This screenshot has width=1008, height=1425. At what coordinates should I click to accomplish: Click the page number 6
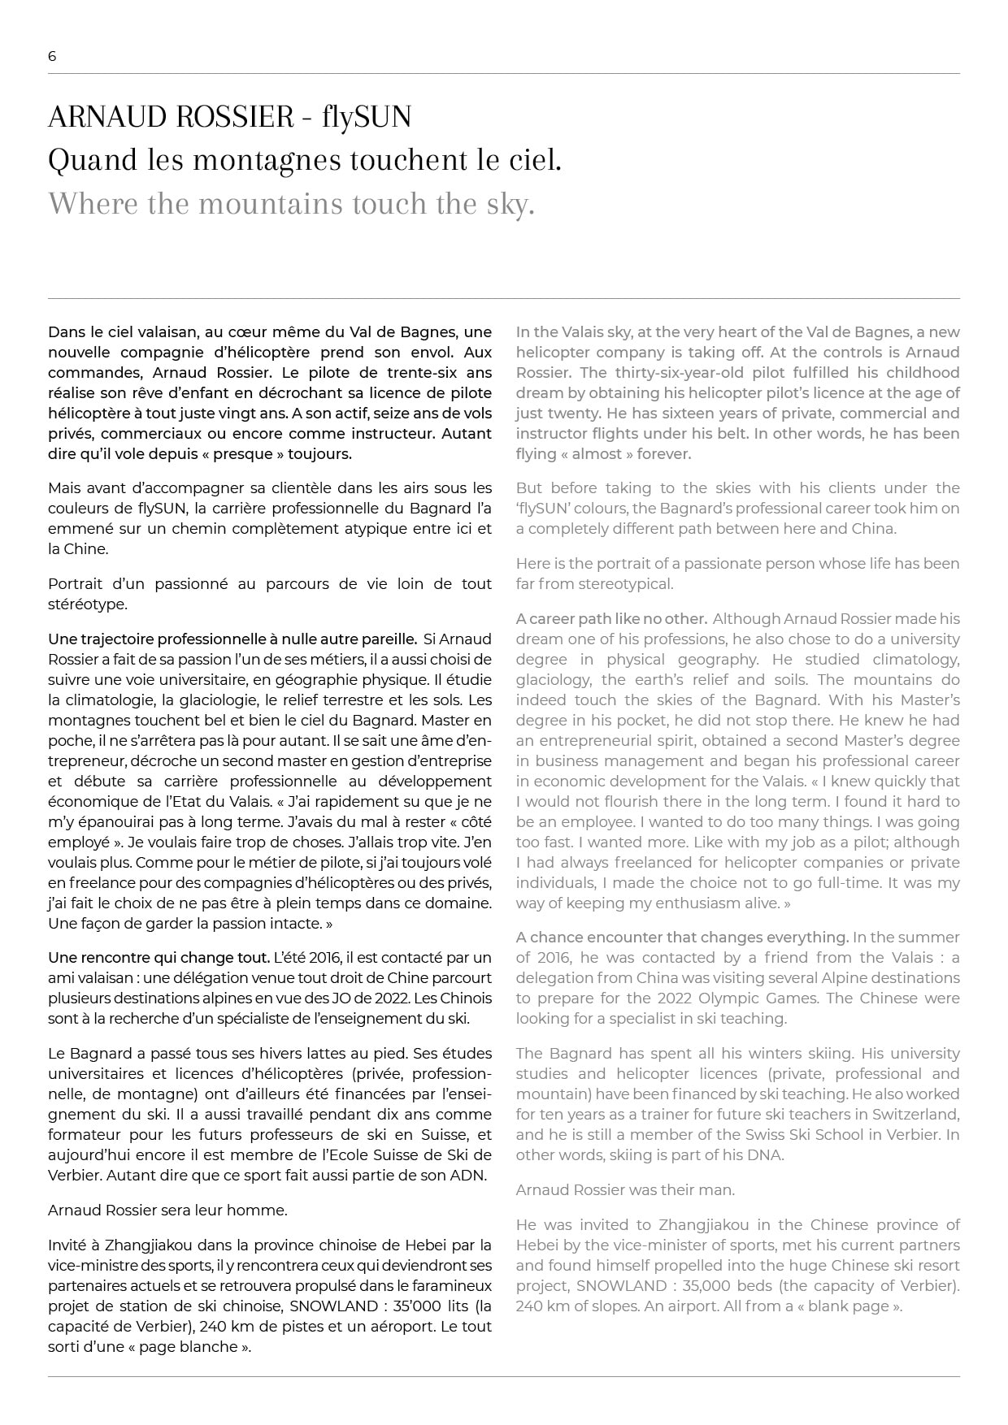click(52, 56)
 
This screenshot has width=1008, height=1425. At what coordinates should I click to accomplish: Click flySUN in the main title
click(367, 118)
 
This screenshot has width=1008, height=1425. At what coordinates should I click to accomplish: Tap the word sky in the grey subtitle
click(510, 204)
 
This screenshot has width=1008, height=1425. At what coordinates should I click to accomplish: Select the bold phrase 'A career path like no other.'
click(611, 619)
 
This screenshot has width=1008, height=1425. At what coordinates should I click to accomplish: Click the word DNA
click(764, 1154)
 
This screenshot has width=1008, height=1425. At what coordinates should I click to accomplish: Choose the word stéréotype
click(86, 604)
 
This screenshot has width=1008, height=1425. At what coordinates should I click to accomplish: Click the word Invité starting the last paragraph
click(68, 1245)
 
